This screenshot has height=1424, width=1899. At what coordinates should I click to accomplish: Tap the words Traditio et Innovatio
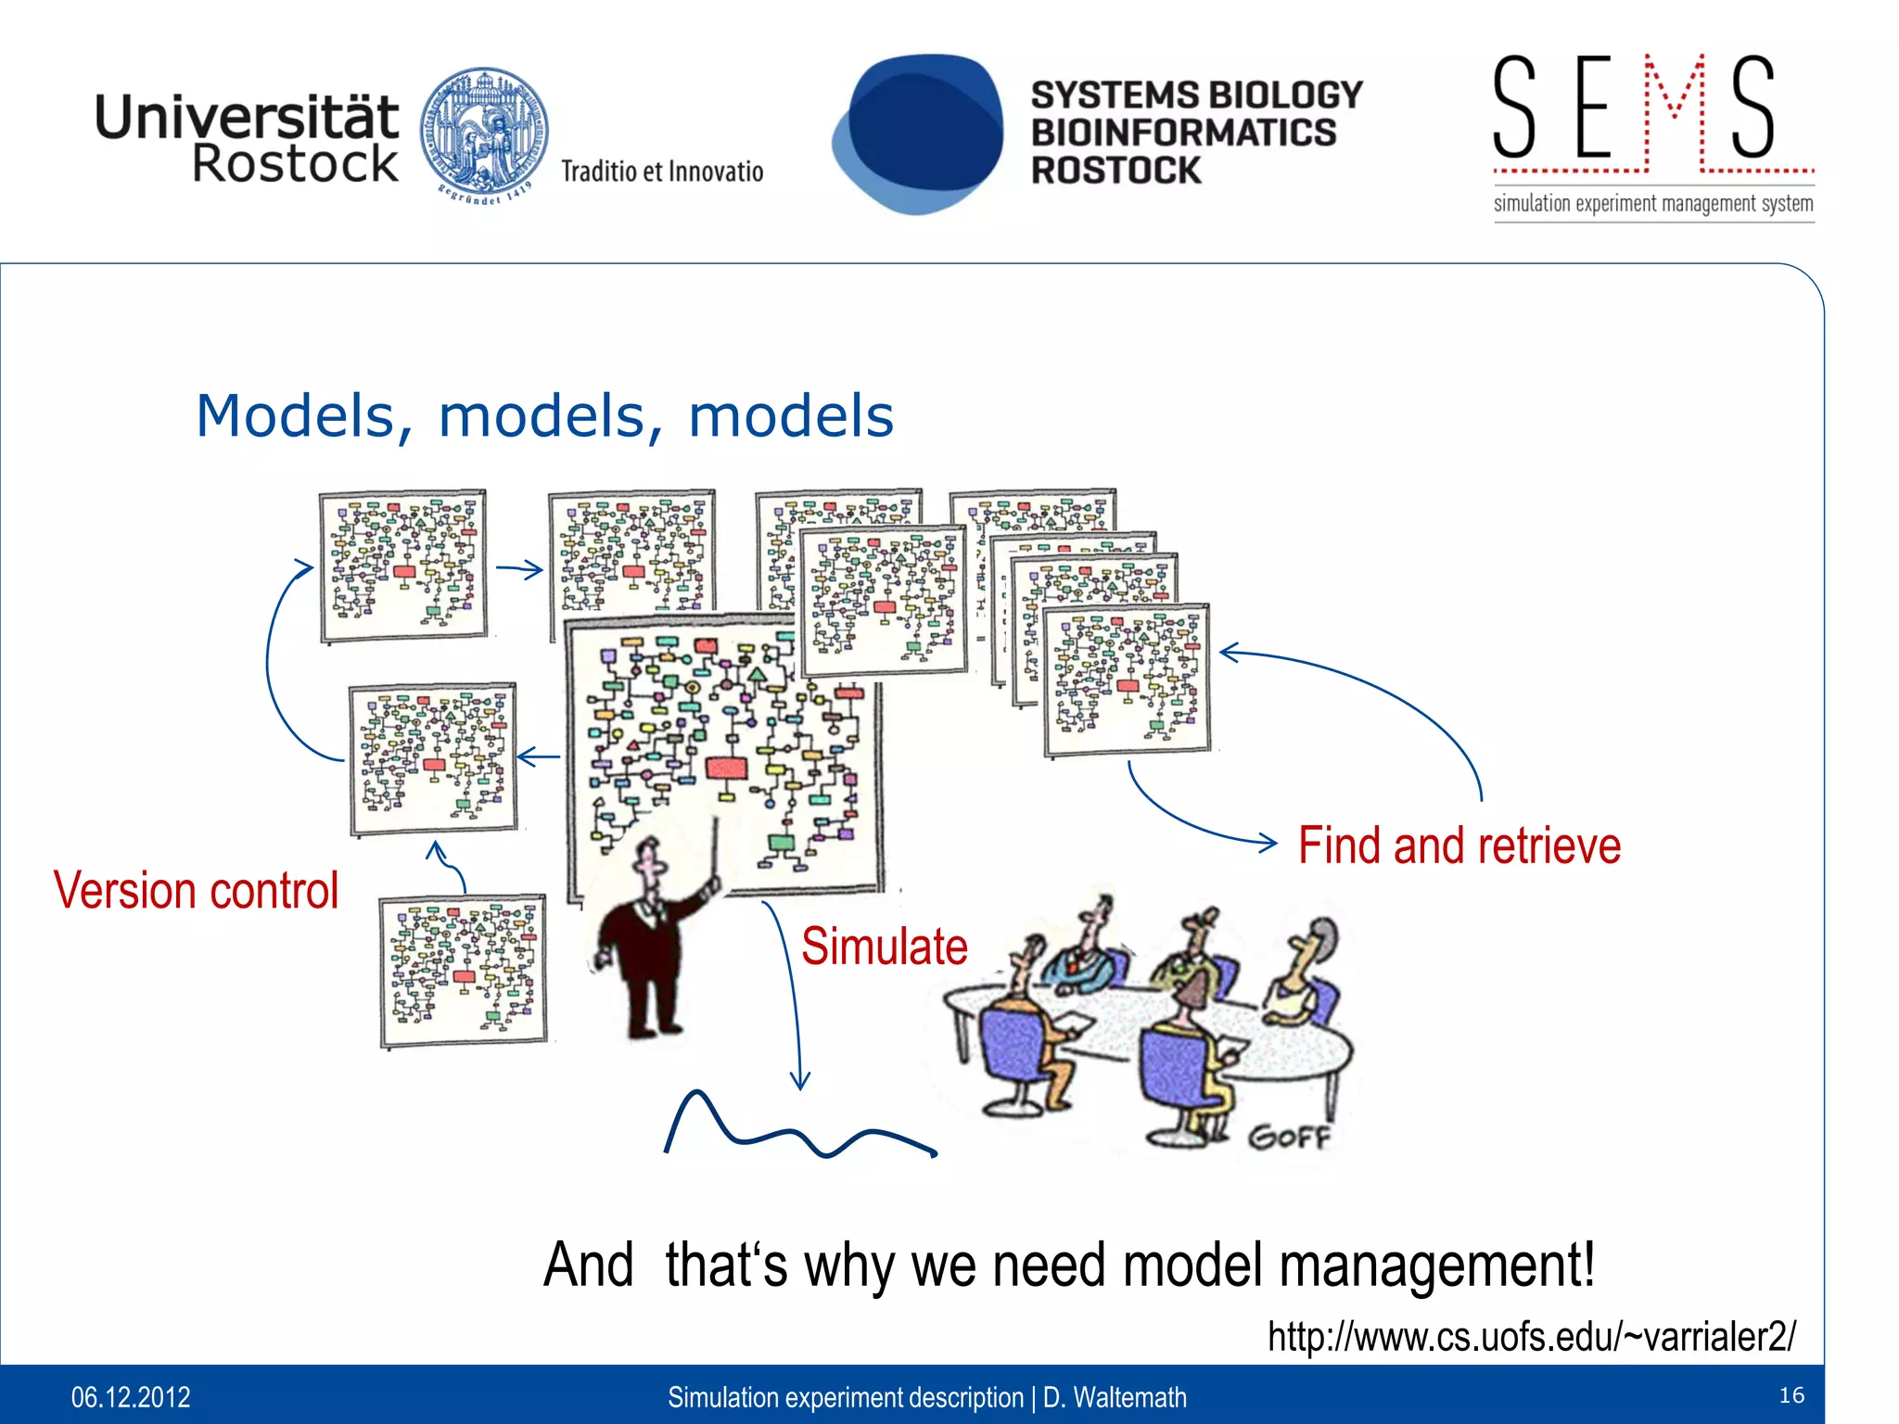[x=662, y=172]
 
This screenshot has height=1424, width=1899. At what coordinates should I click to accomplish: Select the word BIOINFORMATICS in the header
[x=1184, y=133]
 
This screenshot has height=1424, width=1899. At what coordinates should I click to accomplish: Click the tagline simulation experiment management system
[x=1653, y=204]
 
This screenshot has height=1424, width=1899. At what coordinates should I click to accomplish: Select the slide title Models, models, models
[x=545, y=415]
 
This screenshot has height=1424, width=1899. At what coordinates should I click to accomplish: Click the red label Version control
[x=196, y=891]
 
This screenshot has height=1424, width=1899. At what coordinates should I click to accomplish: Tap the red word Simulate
[x=884, y=947]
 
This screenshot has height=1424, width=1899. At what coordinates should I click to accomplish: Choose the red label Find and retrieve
[x=1459, y=845]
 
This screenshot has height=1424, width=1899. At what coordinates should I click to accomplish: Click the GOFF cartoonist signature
[x=1288, y=1137]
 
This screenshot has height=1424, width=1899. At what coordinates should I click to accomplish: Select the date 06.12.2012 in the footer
[x=131, y=1397]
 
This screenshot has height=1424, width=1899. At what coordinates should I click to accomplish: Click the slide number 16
[x=1791, y=1395]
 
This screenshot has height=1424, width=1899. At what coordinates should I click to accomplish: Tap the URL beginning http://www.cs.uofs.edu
[x=1531, y=1337]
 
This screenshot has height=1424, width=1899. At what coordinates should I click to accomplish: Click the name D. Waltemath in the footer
[x=1115, y=1397]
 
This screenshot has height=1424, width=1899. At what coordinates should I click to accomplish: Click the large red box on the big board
[x=726, y=768]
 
